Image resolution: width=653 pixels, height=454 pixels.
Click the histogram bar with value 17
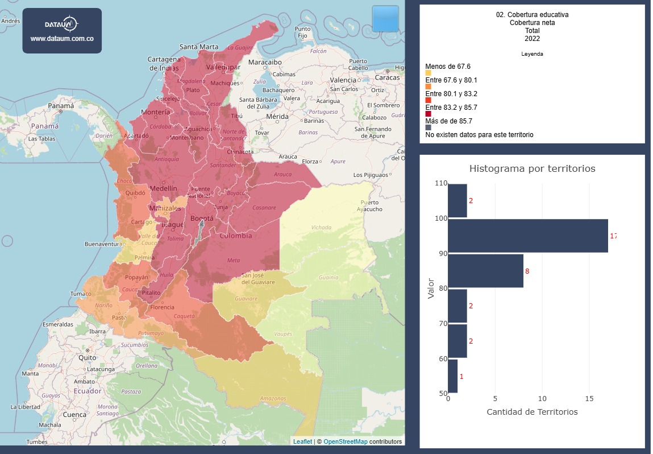point(527,236)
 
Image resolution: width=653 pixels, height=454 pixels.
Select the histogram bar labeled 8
point(485,271)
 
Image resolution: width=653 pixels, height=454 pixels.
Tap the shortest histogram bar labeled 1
point(452,376)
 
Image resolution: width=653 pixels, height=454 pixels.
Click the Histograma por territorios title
point(532,169)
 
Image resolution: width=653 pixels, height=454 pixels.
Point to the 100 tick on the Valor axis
point(441,218)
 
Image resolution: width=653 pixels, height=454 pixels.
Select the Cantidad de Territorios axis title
point(532,412)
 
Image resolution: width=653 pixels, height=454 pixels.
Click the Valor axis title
point(431,288)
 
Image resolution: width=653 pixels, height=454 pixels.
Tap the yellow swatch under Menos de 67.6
point(428,73)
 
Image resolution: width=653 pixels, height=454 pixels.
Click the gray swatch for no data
point(428,127)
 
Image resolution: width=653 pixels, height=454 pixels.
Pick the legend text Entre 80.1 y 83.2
point(451,94)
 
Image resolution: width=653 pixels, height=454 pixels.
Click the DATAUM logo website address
point(62,39)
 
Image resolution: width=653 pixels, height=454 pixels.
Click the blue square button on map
point(385,19)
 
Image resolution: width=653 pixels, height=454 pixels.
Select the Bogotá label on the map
point(202,218)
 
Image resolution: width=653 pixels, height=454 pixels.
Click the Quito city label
point(88,357)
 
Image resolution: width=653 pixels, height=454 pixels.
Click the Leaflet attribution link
point(302,441)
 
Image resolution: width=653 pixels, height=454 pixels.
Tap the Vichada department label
point(321,228)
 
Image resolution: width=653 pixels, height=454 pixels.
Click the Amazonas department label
point(273,398)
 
